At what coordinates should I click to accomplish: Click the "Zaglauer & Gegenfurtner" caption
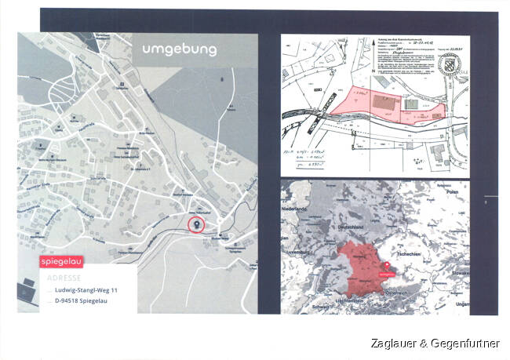435,344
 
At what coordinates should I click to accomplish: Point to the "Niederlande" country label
298,211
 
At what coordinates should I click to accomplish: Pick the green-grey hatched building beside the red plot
410,104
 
